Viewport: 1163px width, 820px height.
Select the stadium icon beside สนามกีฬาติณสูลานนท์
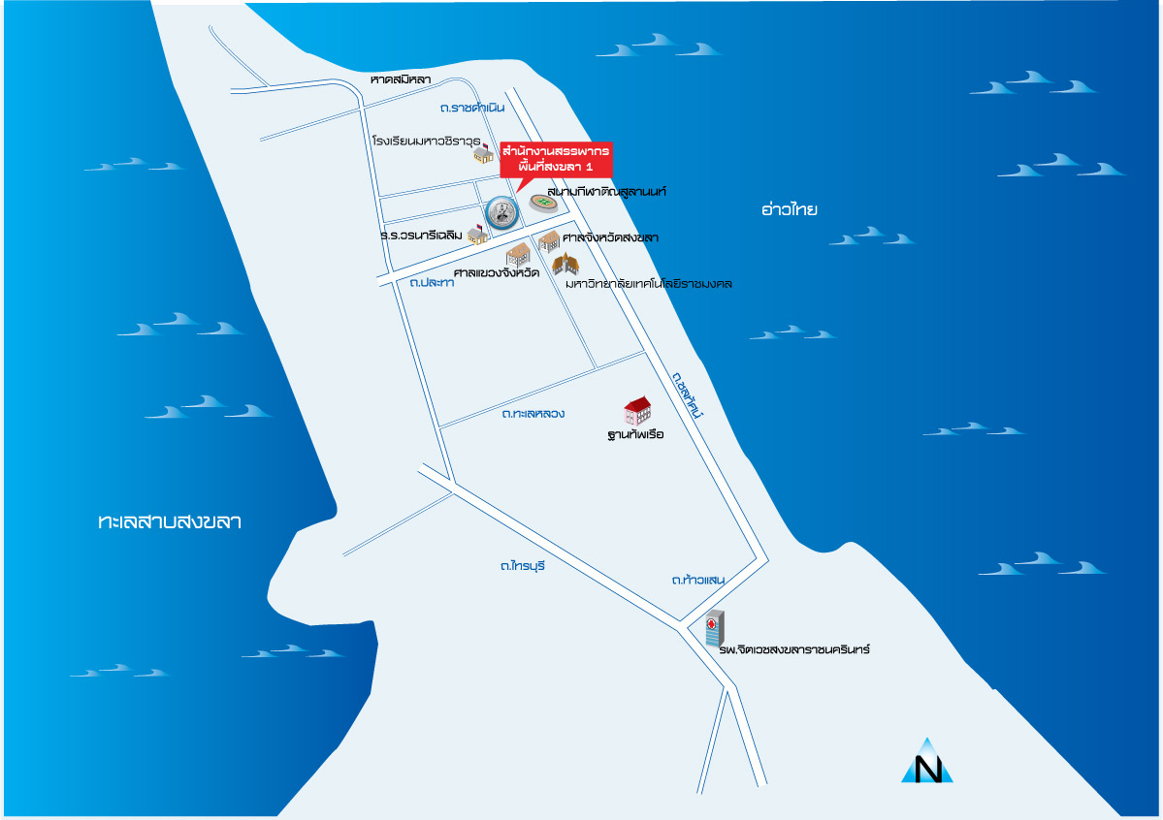click(x=543, y=203)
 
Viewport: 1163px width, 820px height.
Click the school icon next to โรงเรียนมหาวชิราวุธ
click(x=483, y=155)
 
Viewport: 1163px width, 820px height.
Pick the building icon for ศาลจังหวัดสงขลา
click(x=549, y=240)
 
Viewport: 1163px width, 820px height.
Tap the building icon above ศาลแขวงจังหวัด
click(x=518, y=255)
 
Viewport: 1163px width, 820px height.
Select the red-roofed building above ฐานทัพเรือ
click(x=637, y=410)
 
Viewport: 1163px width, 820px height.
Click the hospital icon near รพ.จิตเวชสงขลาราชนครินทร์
click(x=714, y=630)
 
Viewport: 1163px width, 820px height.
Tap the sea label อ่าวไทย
click(x=791, y=208)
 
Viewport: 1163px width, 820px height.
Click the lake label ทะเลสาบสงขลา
click(x=170, y=522)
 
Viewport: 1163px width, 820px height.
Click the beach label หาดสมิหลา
click(x=401, y=79)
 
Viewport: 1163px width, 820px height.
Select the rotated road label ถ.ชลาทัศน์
click(x=687, y=396)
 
